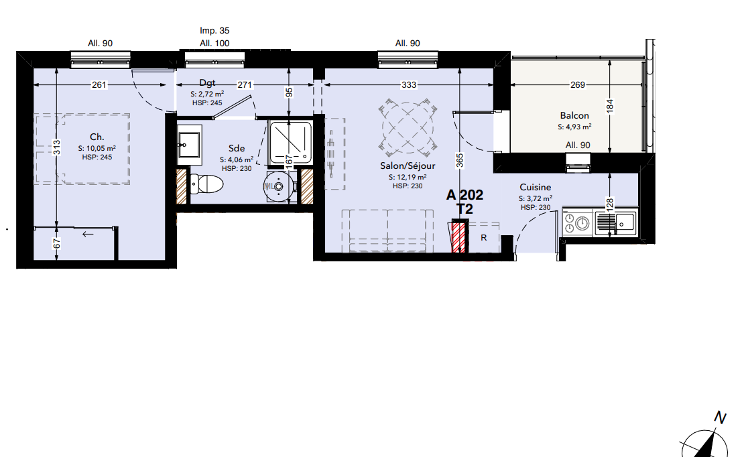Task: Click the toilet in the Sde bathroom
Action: (206, 184)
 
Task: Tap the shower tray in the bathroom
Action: (290, 142)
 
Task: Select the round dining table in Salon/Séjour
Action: (408, 128)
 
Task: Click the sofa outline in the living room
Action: (387, 231)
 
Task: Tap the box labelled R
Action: (483, 237)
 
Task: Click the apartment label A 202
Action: (465, 194)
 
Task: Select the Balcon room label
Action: (574, 115)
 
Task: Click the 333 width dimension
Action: (409, 84)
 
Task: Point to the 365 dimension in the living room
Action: (459, 160)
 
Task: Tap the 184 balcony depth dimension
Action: (610, 105)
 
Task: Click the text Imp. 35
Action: (214, 30)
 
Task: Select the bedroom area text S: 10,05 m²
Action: (97, 148)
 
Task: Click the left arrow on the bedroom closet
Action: (88, 234)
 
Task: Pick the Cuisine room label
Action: (536, 187)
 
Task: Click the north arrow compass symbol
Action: (704, 442)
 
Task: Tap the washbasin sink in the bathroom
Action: (189, 142)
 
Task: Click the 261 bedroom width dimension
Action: (99, 84)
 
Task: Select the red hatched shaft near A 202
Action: (458, 237)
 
